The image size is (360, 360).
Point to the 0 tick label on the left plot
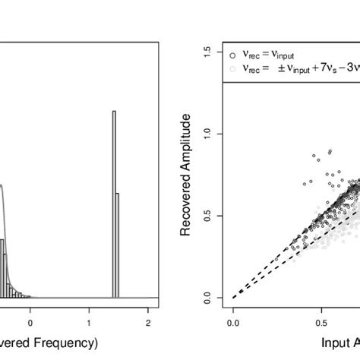[x=30, y=311]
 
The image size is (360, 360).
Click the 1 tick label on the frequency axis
[x=89, y=311]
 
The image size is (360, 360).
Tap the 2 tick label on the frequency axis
[x=148, y=311]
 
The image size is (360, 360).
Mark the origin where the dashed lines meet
[x=232, y=298]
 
